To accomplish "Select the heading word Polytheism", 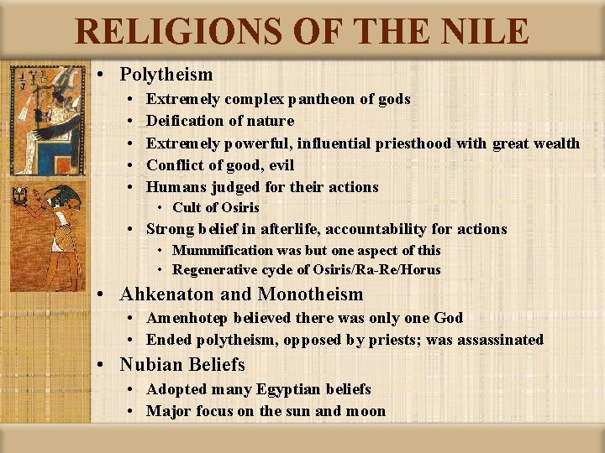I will [166, 75].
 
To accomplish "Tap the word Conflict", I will [174, 165].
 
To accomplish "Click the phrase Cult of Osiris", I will [216, 208].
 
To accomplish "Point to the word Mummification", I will [223, 250].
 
